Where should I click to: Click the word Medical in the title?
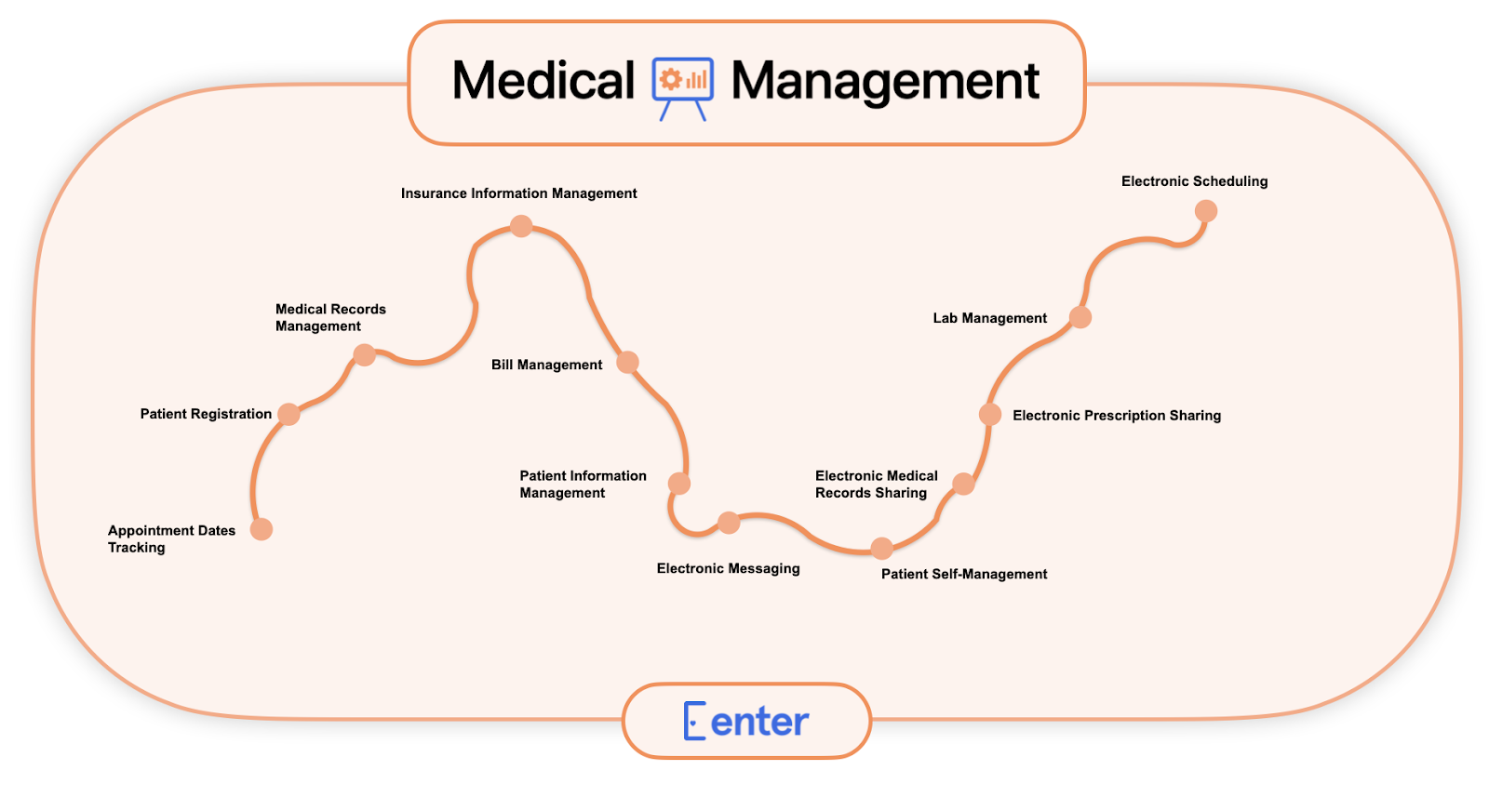coord(543,81)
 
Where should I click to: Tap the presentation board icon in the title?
coord(682,86)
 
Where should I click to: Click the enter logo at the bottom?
coord(746,721)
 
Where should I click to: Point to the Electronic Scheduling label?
coord(1194,181)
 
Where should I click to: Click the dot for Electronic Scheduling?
coord(1206,211)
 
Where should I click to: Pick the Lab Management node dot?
coord(1080,317)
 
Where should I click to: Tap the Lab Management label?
coord(989,318)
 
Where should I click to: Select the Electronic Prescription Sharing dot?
coord(990,414)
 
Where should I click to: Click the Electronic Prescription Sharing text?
coord(1116,416)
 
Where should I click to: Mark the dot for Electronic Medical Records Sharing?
coord(963,484)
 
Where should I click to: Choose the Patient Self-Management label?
coord(963,574)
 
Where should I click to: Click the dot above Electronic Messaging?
coord(729,523)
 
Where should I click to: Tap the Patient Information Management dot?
coord(679,484)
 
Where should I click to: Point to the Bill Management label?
coord(546,365)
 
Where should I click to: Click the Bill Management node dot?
coord(628,362)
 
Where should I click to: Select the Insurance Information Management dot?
coord(521,226)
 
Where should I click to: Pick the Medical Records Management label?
coord(330,317)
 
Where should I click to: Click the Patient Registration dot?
coord(289,414)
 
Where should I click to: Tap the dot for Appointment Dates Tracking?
coord(262,529)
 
